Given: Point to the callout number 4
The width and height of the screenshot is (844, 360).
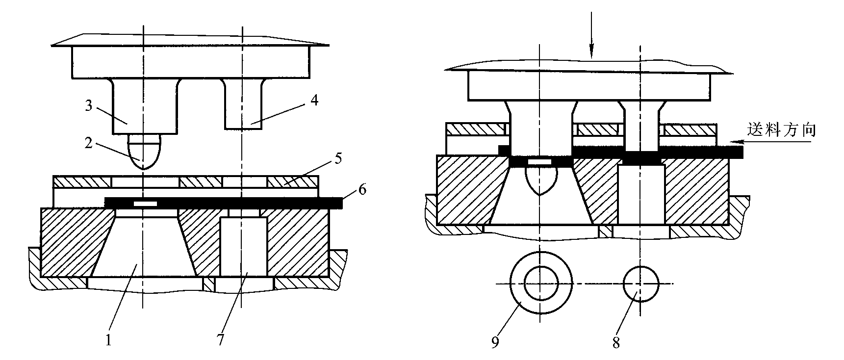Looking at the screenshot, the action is click(x=314, y=100).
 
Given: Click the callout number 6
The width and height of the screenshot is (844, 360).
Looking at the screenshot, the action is click(x=362, y=190).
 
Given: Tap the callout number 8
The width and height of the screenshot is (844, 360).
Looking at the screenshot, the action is click(x=616, y=343).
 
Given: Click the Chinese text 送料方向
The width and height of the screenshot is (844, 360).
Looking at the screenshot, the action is click(x=782, y=129).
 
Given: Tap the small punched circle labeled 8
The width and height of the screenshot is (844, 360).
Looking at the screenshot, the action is click(x=640, y=284).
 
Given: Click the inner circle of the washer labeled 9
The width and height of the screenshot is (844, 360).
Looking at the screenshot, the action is click(x=540, y=284).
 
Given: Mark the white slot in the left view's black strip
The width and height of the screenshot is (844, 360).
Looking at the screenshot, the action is click(x=146, y=203).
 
